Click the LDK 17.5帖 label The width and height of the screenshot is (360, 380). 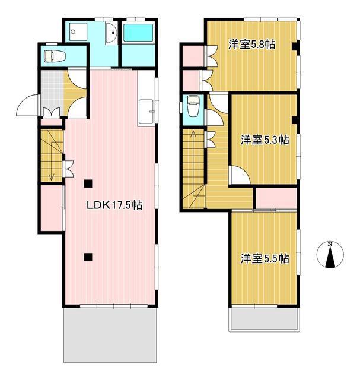pyautogui.click(x=114, y=205)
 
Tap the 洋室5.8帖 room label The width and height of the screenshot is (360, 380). pyautogui.click(x=252, y=45)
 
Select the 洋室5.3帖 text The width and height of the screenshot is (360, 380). pyautogui.click(x=265, y=140)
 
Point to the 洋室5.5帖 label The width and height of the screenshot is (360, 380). pyautogui.click(x=265, y=259)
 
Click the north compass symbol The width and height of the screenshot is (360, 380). pyautogui.click(x=330, y=255)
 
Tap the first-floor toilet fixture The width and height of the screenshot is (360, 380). pyautogui.click(x=55, y=56)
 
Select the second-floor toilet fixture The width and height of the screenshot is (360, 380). pyautogui.click(x=193, y=106)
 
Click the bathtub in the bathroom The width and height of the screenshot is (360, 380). pyautogui.click(x=138, y=33)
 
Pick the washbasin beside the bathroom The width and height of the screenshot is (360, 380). pyautogui.click(x=111, y=33)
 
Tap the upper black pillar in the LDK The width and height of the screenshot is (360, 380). pyautogui.click(x=88, y=183)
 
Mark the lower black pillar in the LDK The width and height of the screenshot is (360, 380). pyautogui.click(x=88, y=257)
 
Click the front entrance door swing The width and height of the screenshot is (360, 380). pyautogui.click(x=28, y=106)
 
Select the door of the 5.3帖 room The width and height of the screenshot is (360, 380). pyautogui.click(x=240, y=175)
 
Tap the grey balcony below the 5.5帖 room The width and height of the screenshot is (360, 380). pyautogui.click(x=265, y=318)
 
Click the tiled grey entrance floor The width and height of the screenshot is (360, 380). pyautogui.click(x=52, y=93)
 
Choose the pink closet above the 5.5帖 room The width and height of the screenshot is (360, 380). pyautogui.click(x=276, y=198)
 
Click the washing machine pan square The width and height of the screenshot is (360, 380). pyautogui.click(x=78, y=31)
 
